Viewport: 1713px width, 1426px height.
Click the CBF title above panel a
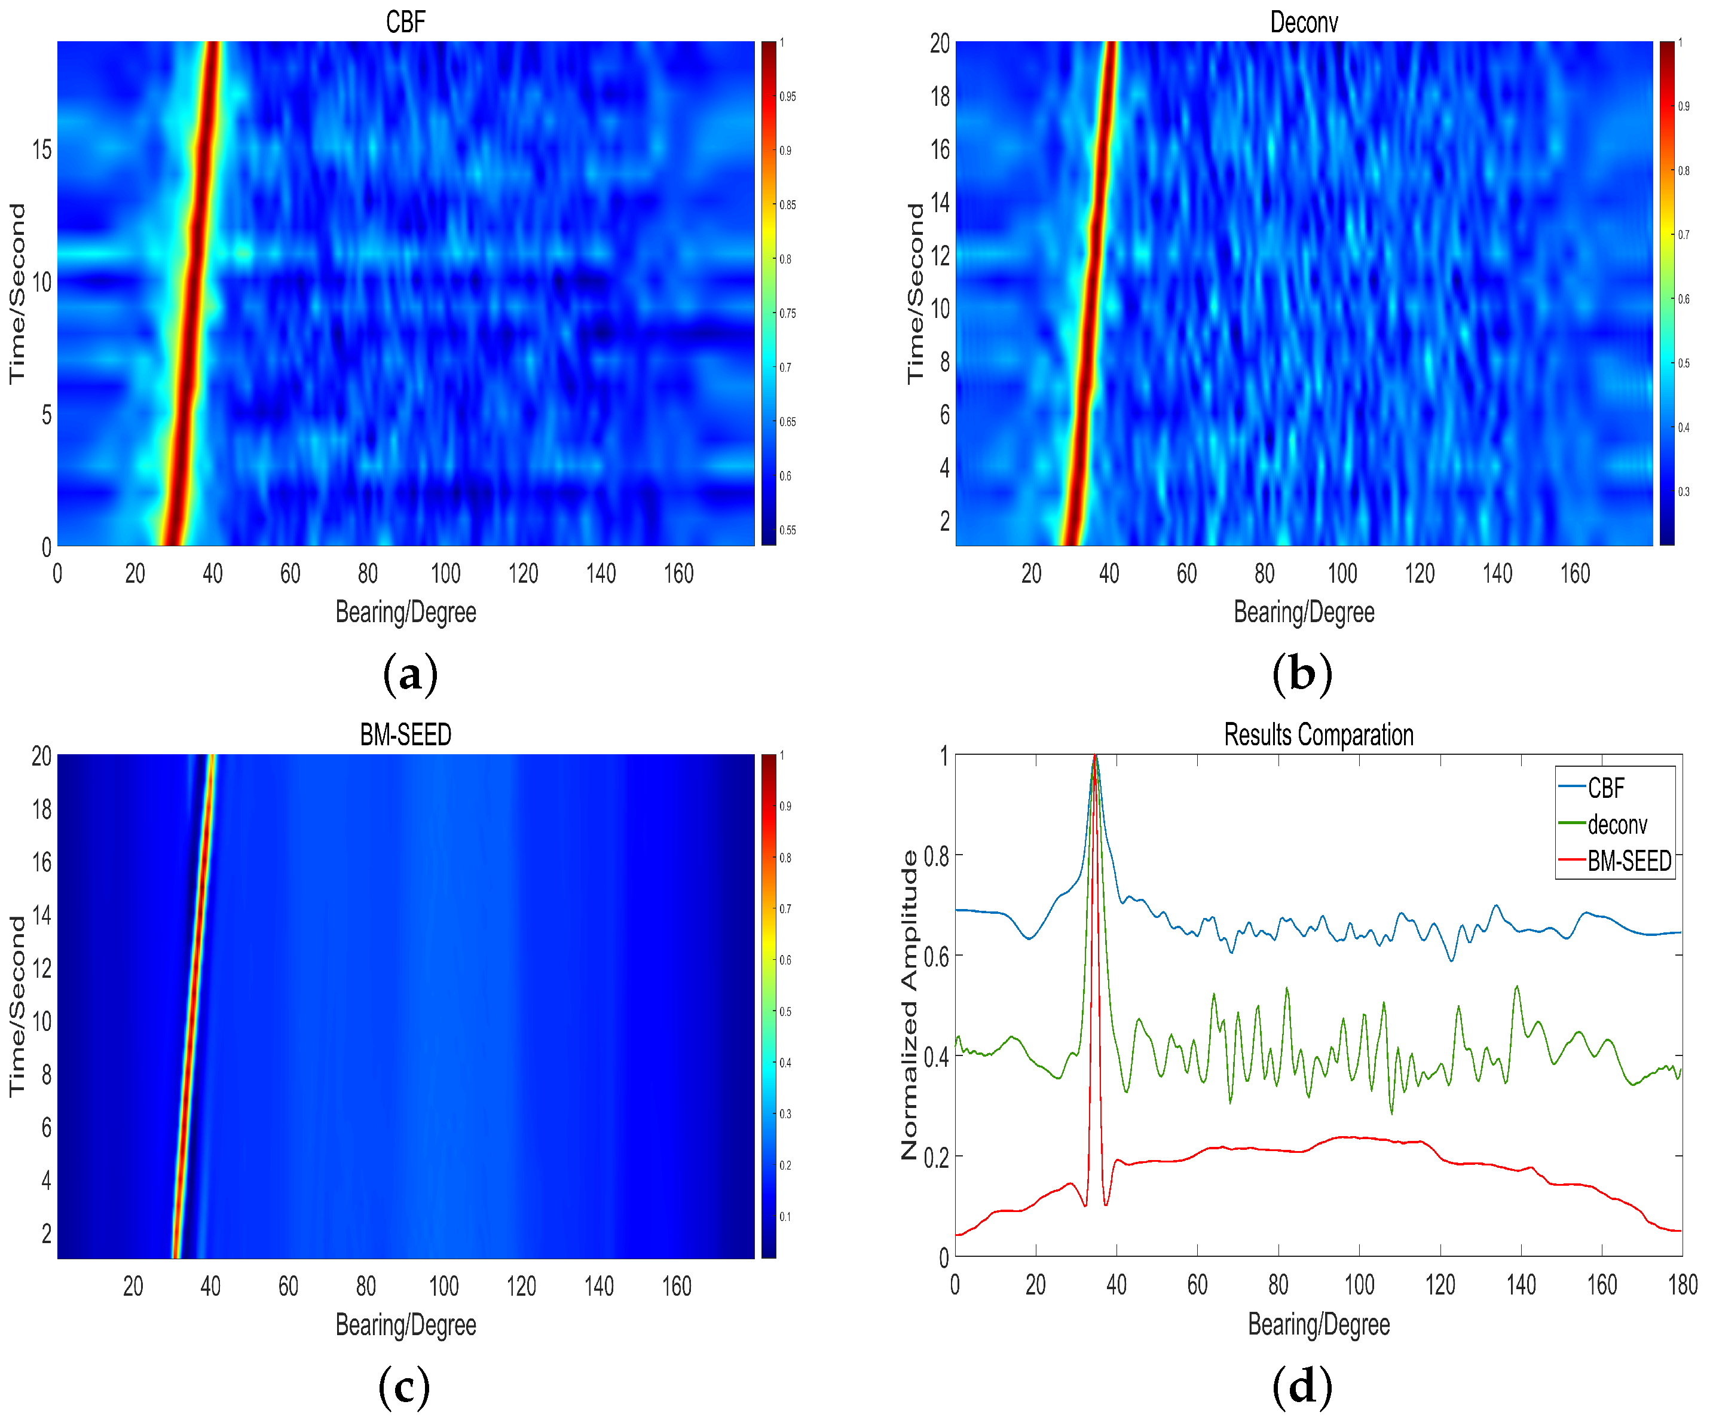pos(405,22)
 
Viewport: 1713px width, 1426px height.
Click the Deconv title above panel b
pos(1304,22)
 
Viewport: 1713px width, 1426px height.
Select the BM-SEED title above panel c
pos(405,735)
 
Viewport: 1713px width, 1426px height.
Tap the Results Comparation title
pos(1318,735)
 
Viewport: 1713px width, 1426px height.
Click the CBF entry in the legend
pos(1605,788)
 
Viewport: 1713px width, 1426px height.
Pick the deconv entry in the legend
pos(1617,825)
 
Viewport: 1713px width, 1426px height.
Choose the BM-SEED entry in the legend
pos(1628,861)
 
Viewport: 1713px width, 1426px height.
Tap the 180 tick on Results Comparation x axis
pos(1682,1286)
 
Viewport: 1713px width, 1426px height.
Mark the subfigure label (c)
pos(405,1387)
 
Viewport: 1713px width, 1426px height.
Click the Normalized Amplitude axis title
pos(910,1005)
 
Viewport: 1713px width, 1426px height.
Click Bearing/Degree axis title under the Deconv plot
pos(1304,612)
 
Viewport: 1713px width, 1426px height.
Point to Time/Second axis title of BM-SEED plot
pos(16,1005)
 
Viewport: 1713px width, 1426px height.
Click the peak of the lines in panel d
pos(1095,758)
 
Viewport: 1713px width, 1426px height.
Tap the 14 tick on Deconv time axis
pos(940,203)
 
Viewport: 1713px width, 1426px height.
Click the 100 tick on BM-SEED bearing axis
pos(443,1287)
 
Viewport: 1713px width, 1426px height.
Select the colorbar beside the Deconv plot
pos(1666,293)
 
